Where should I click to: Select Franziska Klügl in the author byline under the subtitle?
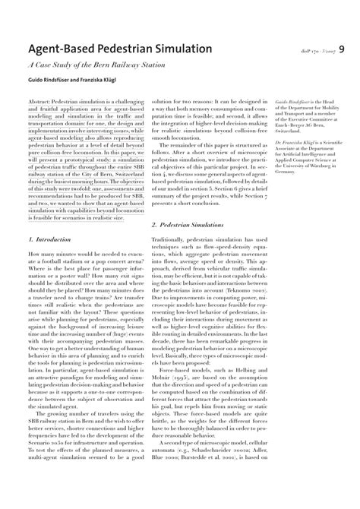point(95,81)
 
